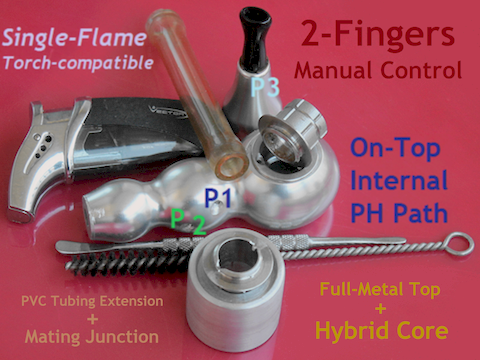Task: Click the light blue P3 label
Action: coord(265,88)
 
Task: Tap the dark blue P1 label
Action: coord(218,198)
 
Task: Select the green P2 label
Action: coord(188,221)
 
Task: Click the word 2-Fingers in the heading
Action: coord(378,34)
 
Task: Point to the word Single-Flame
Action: coord(74,38)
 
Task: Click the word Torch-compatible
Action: coord(78,62)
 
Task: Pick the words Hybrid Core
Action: coord(382,330)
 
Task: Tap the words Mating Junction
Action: coord(92,336)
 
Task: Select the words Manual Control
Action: coord(378,70)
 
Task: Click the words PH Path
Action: coord(399,213)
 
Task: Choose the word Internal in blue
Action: coord(399,180)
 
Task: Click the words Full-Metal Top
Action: coord(380,289)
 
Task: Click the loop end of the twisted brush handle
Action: coord(460,244)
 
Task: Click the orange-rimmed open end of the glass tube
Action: coord(231,166)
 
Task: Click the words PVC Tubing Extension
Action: coord(92,301)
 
